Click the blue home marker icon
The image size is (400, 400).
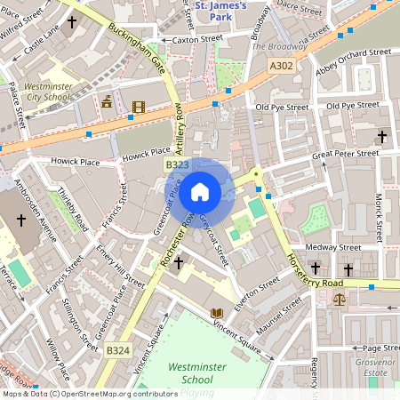(200, 192)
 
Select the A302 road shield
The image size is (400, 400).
(281, 66)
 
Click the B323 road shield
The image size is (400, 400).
(177, 165)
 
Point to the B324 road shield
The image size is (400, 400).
(117, 351)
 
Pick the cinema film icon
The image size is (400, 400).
(137, 108)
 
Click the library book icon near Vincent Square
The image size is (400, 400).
(216, 313)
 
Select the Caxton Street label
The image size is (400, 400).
(197, 39)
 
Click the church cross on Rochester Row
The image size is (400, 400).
(179, 263)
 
